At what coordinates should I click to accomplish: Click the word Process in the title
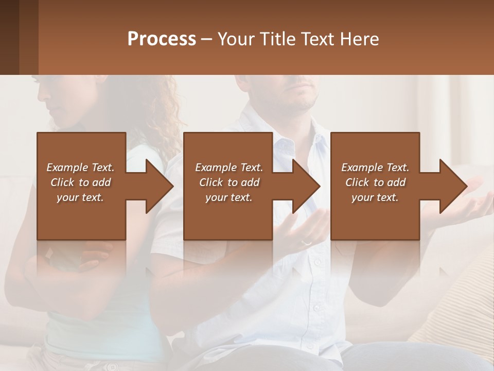162,39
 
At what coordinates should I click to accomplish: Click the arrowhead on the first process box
159,186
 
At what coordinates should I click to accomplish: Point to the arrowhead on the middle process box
306,186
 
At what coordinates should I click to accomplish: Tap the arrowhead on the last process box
453,186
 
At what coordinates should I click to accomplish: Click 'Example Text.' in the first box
80,167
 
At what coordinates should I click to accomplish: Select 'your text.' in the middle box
229,197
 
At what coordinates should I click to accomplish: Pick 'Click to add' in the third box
375,182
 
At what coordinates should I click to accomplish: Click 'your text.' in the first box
80,197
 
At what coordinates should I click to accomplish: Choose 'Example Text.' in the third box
375,167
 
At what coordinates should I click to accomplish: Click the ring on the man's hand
306,242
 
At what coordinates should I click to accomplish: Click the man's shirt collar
268,119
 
